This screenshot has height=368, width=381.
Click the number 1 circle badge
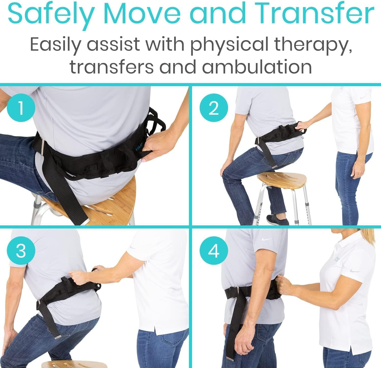(21, 109)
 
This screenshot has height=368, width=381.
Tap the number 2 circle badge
(214, 109)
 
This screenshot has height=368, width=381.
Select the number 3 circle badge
(21, 251)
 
